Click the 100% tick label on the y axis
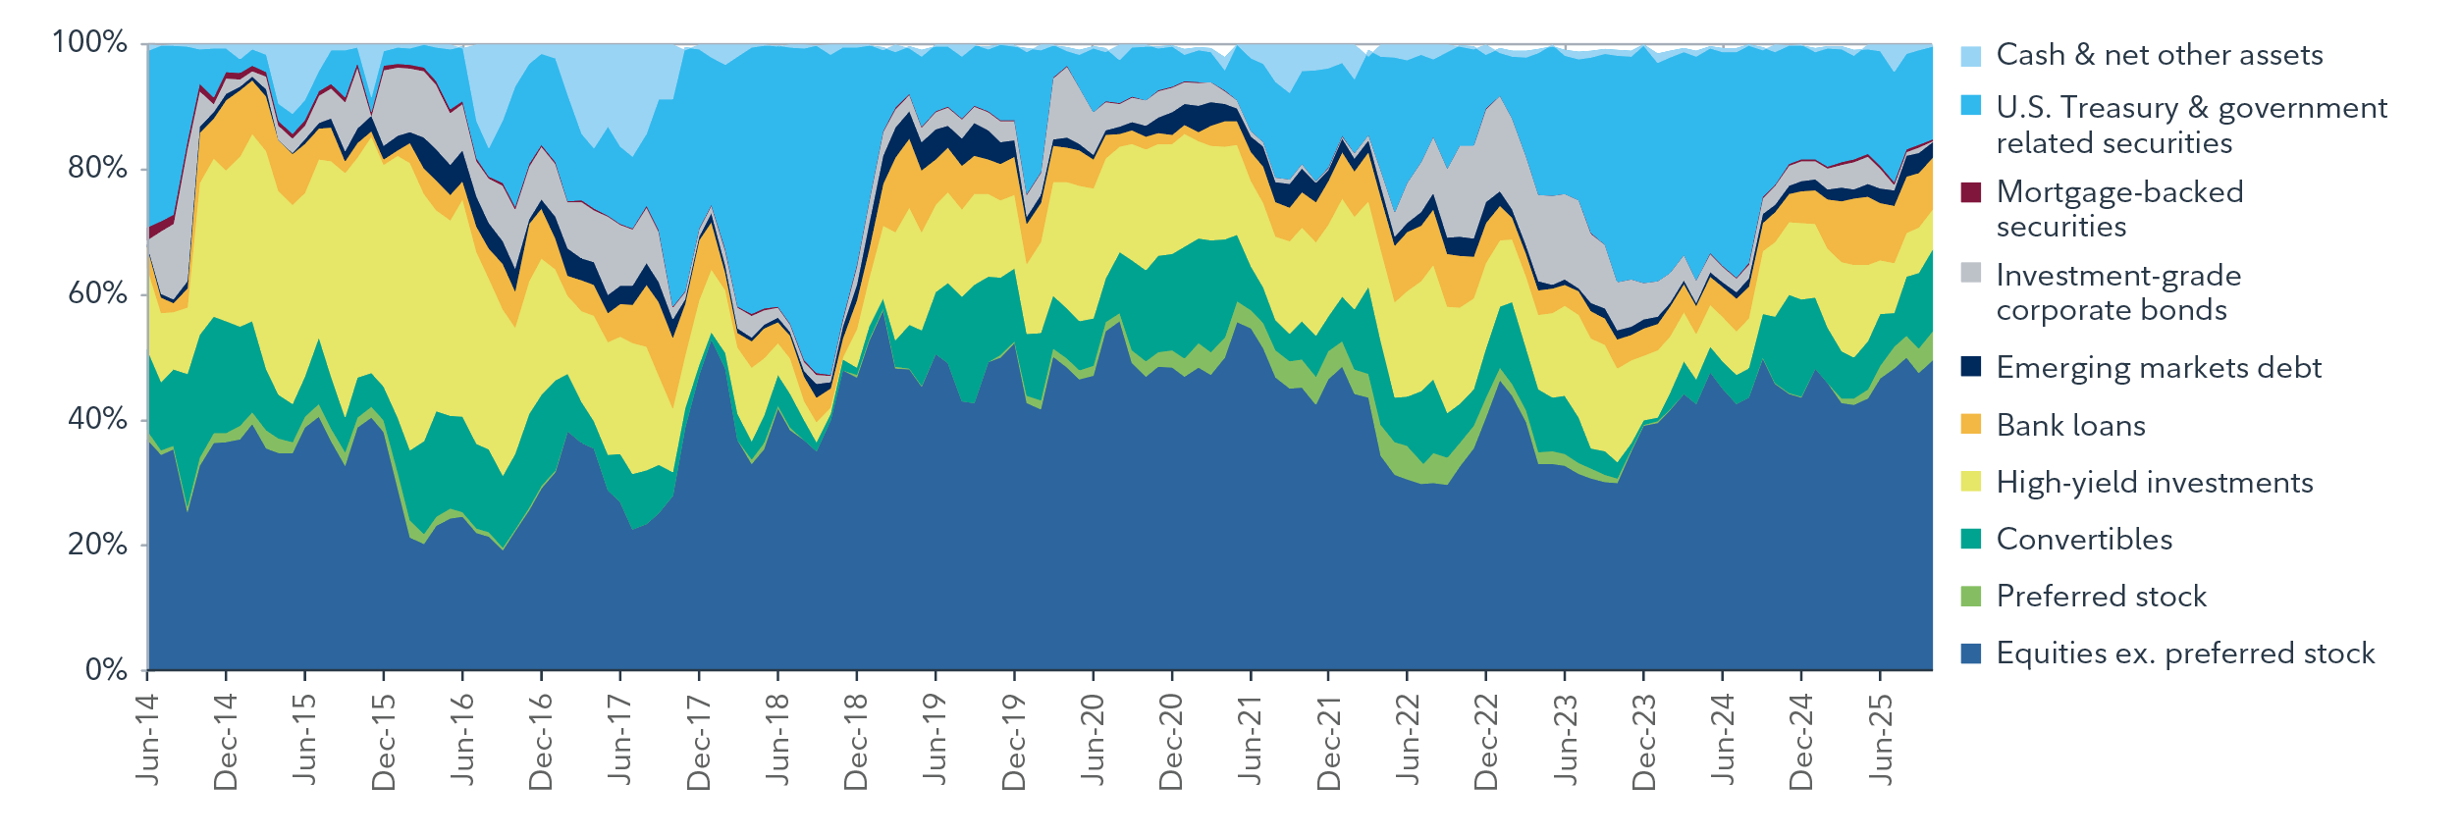tap(89, 42)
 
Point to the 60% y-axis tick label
tap(97, 293)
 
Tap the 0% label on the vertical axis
tap(106, 670)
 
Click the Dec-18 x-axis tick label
tap(856, 742)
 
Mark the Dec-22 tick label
tap(1486, 742)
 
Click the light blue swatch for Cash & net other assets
tap(1970, 55)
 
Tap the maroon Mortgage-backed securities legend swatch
tap(1970, 192)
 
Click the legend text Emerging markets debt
tap(2158, 367)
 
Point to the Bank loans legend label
tap(2070, 425)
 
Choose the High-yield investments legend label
tap(2154, 482)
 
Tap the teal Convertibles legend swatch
tap(1970, 539)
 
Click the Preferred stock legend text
tap(2101, 596)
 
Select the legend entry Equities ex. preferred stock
tap(2184, 653)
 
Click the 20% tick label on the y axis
tap(97, 545)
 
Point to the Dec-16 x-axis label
tap(541, 742)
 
